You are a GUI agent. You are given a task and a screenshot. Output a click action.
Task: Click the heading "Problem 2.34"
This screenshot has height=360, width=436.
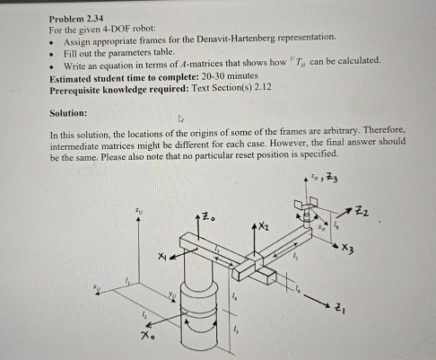point(75,17)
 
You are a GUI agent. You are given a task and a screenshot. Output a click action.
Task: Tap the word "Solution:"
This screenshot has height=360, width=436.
point(69,113)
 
